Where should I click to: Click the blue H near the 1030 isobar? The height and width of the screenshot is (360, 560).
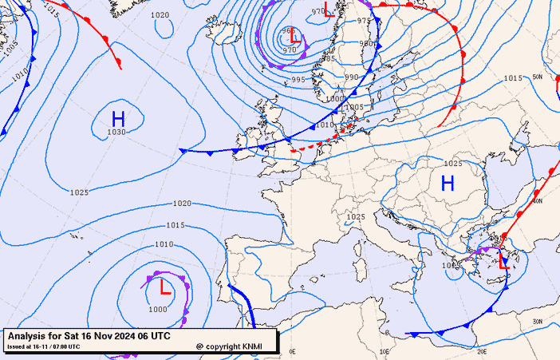click(117, 118)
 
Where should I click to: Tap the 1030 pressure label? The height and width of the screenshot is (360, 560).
click(116, 133)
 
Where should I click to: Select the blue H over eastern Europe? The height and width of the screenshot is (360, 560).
click(448, 183)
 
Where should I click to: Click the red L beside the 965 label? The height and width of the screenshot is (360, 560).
click(295, 37)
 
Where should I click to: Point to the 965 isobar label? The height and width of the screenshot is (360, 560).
click(288, 30)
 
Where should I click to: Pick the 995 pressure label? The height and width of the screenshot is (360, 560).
click(298, 79)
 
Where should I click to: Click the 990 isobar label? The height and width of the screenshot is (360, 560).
click(352, 77)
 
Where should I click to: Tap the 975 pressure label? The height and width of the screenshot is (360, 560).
click(364, 21)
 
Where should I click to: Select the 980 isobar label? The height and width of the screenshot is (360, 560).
click(367, 44)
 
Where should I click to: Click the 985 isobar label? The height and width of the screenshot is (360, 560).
click(328, 58)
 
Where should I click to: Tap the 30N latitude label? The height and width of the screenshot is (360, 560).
click(537, 322)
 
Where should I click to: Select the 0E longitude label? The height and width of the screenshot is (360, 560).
click(292, 351)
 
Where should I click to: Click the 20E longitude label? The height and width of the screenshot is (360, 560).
click(481, 351)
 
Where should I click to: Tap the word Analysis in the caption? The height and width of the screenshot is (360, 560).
click(28, 337)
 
